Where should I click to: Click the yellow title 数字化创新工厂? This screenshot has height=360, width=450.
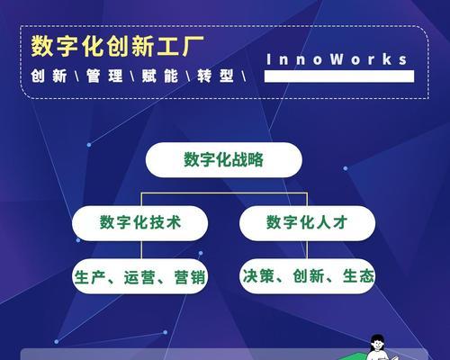click(117, 46)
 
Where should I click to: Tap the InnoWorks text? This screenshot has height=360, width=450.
click(337, 59)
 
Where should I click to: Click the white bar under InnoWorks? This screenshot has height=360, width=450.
click(339, 76)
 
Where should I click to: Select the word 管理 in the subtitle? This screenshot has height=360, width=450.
click(104, 76)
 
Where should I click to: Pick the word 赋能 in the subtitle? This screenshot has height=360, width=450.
click(160, 76)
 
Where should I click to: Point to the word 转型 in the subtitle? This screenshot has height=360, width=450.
click(215, 76)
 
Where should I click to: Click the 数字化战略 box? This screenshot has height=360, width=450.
click(223, 159)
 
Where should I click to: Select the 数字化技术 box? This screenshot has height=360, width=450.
click(139, 223)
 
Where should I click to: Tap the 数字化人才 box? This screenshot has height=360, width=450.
click(307, 223)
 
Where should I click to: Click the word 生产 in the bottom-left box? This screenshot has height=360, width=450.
click(89, 276)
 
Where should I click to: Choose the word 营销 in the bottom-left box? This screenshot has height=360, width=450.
click(190, 276)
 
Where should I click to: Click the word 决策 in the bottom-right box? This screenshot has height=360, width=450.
click(258, 276)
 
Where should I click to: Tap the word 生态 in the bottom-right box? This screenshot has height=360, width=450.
click(358, 276)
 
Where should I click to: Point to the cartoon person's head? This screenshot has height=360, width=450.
click(377, 342)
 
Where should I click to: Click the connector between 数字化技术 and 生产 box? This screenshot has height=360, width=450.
click(141, 249)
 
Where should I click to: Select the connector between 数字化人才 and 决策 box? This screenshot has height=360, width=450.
click(307, 249)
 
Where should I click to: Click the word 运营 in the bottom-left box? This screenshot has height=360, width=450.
click(139, 276)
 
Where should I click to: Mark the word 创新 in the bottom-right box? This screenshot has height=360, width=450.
click(309, 276)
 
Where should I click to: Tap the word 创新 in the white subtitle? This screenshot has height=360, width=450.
click(49, 76)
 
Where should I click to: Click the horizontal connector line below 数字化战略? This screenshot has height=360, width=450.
click(224, 193)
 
